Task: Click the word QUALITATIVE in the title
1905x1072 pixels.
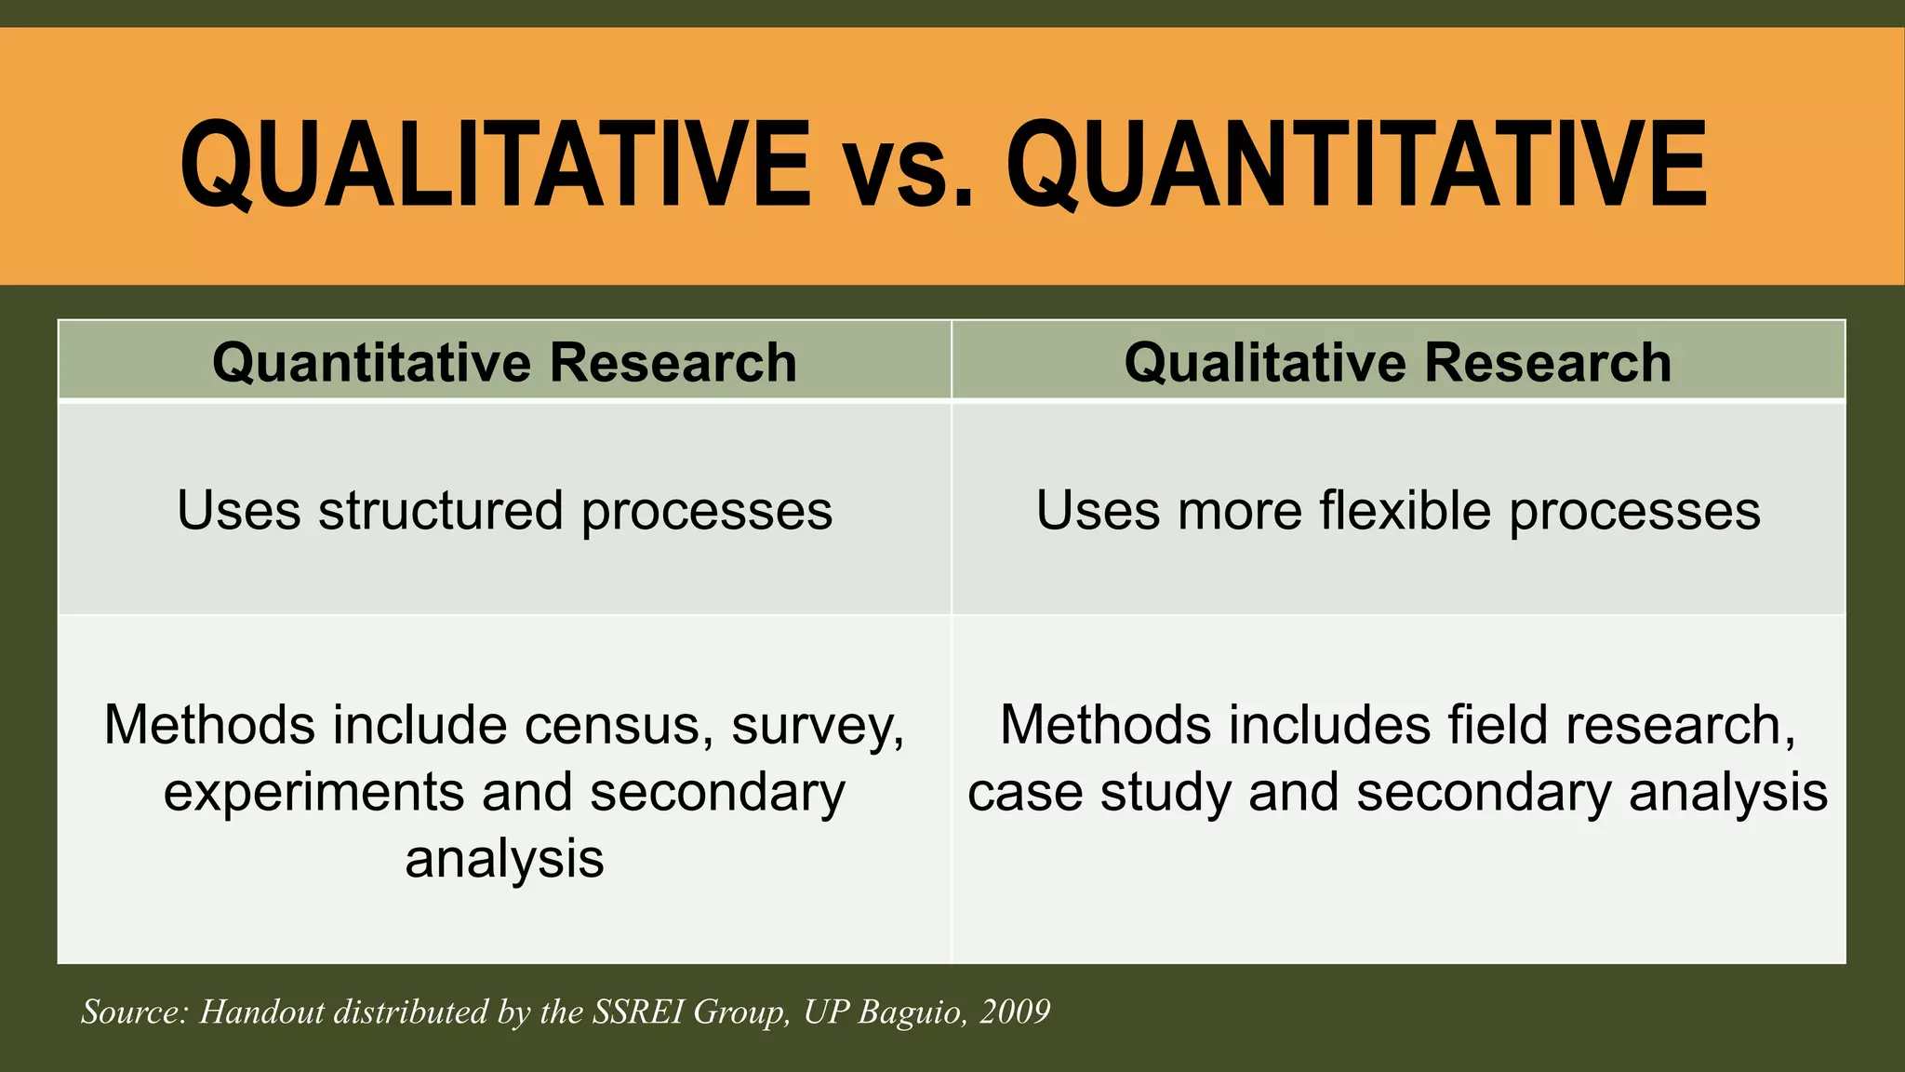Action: [x=495, y=165]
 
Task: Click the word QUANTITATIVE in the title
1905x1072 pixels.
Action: [x=1356, y=165]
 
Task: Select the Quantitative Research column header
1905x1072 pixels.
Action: [x=504, y=362]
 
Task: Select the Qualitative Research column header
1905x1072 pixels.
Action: [x=1397, y=362]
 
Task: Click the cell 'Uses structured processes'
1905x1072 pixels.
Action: [x=504, y=510]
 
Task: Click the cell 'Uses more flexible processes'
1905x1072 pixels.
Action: [x=1397, y=510]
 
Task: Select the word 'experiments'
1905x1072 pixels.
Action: [x=313, y=793]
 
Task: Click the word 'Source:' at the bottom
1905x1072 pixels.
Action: [x=134, y=1012]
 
